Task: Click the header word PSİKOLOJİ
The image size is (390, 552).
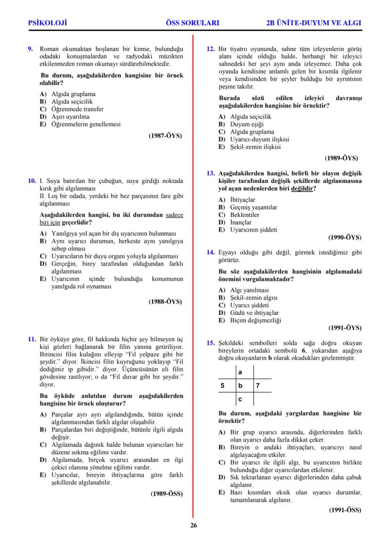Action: point(48,22)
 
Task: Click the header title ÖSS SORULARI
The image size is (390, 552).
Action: point(193,22)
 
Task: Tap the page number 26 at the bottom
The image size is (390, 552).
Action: point(193,526)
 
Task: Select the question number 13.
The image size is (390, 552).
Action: point(211,173)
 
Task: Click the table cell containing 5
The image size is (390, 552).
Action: point(222,386)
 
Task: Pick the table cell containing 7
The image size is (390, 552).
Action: point(258,386)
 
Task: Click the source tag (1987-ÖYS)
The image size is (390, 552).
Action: point(165,136)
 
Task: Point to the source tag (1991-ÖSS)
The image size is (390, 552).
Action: point(345,510)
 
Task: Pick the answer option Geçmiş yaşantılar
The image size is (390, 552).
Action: point(253,207)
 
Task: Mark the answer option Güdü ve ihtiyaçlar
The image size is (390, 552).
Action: point(254,313)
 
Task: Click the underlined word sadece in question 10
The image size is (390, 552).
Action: point(175,215)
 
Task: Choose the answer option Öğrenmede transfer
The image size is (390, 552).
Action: point(77,109)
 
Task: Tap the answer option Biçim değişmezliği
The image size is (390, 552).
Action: point(255,320)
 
